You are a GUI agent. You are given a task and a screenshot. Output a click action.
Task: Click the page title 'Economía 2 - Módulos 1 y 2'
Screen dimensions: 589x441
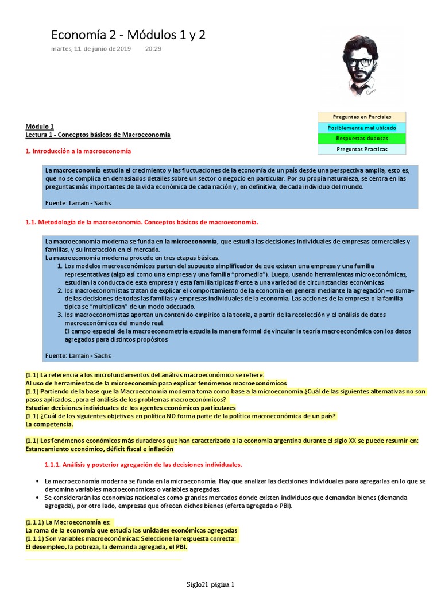[x=128, y=36]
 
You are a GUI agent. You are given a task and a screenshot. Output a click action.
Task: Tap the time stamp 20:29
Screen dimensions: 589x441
[x=153, y=49]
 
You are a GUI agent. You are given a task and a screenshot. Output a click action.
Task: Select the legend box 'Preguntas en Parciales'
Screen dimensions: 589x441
[x=362, y=117]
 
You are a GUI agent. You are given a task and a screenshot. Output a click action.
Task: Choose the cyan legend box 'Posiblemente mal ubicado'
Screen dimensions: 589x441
[x=362, y=128]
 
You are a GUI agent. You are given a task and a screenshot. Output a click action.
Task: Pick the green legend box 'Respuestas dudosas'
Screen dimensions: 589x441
[x=362, y=139]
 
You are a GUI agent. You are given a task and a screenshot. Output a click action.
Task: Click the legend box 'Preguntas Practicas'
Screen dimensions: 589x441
[x=362, y=150]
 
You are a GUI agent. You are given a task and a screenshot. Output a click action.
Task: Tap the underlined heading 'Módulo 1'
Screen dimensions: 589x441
[x=39, y=126]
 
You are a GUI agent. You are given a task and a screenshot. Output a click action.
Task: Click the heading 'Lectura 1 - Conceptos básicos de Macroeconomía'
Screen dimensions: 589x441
[x=98, y=135]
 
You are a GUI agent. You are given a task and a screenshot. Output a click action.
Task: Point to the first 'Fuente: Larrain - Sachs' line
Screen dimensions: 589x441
[x=78, y=203]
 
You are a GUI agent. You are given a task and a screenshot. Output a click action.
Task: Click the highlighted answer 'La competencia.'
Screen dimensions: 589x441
[x=49, y=424]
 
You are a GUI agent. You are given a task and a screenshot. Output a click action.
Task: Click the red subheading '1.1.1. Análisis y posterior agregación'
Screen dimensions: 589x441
[x=143, y=464]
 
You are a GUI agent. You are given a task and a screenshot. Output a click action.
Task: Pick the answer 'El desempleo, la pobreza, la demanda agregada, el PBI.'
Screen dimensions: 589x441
[x=106, y=547]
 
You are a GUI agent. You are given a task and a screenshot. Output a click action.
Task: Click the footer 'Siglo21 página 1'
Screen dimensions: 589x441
[x=210, y=584]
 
